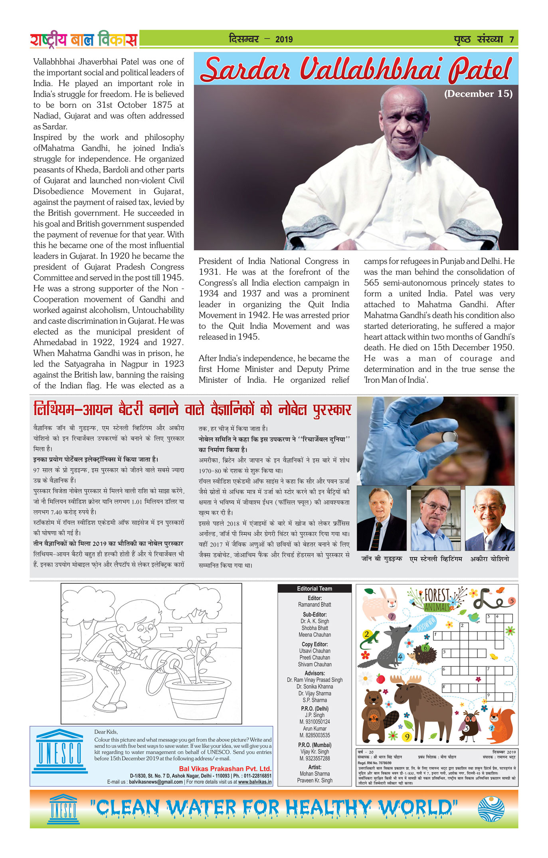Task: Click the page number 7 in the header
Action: click(511, 39)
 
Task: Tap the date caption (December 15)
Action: click(478, 94)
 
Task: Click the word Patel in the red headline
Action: click(480, 69)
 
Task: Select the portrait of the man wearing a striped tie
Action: click(381, 519)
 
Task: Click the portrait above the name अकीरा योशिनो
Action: click(490, 519)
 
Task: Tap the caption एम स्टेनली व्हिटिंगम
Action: click(436, 559)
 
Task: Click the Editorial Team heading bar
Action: click(315, 588)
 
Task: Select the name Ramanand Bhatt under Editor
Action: click(315, 604)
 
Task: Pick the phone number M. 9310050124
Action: click(315, 722)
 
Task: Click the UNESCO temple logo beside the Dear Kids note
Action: click(60, 751)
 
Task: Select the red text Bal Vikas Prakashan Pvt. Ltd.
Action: click(225, 769)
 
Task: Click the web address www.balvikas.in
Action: click(255, 782)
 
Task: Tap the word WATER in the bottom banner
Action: click(202, 808)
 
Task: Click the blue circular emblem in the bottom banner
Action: click(491, 808)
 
